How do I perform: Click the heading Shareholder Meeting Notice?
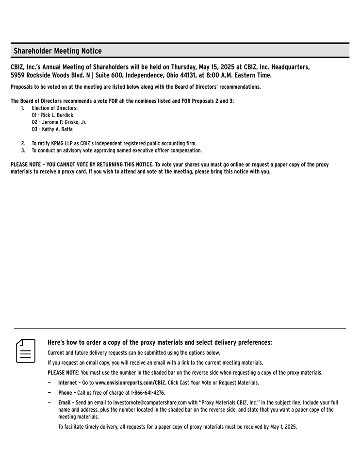58,51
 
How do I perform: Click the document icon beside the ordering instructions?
26,351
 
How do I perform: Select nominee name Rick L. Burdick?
57,115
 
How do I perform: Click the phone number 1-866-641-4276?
145,393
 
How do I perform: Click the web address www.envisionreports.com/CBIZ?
131,383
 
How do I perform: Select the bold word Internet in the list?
67,383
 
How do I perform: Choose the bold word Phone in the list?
65,393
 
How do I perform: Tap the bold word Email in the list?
64,402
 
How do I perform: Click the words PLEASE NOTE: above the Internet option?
64,373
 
